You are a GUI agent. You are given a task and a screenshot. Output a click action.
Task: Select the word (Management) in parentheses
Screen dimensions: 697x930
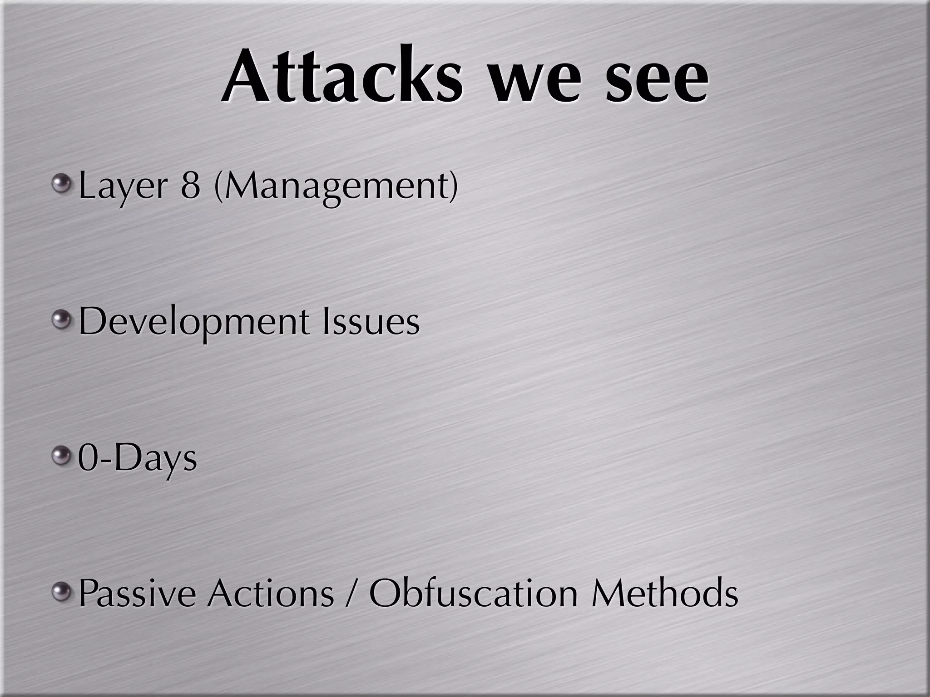click(x=336, y=187)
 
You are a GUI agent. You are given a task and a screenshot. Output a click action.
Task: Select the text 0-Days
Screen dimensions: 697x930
click(x=137, y=458)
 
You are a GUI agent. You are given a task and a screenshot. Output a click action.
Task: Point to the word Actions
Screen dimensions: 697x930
click(x=271, y=594)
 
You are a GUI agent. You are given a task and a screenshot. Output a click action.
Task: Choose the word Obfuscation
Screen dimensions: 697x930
click(x=473, y=594)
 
